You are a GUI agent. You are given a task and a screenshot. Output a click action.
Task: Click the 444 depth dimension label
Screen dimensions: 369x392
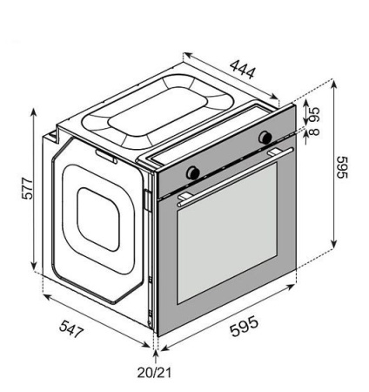(243, 69)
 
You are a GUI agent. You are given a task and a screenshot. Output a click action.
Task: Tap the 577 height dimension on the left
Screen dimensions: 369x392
(28, 188)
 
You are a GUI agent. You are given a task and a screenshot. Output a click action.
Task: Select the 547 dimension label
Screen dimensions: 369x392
(71, 328)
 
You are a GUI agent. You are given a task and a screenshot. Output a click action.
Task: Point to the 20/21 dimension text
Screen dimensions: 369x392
(154, 373)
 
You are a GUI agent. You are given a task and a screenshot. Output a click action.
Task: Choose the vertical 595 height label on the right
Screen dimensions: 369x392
(342, 167)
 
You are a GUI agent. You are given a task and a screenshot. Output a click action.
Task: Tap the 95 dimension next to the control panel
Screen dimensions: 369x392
(314, 115)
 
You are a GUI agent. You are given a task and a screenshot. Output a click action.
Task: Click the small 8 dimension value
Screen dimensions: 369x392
(314, 132)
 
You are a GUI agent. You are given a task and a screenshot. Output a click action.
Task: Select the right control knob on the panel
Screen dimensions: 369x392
(265, 137)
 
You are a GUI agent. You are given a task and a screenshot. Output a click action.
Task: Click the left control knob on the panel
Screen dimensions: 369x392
(192, 172)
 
